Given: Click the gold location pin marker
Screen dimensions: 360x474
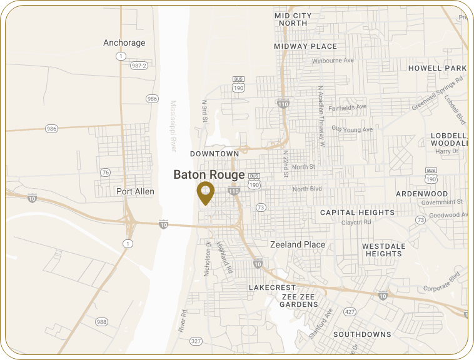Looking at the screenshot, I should (x=205, y=192).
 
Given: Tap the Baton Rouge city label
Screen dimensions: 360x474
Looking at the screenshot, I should (x=209, y=174).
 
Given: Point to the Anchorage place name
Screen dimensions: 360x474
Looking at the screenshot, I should (x=124, y=43).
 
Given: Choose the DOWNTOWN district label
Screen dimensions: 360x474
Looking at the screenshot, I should (x=214, y=154).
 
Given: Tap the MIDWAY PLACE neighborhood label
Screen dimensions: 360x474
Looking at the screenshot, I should (x=305, y=46).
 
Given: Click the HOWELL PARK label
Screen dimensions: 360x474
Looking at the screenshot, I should (x=438, y=68).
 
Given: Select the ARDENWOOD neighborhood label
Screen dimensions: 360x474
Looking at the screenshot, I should (x=422, y=194).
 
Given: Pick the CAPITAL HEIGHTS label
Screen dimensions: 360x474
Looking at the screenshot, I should (x=357, y=212).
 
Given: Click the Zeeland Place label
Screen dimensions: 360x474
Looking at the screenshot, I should (x=297, y=245).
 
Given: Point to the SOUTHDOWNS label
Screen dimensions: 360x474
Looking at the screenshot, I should (x=362, y=334).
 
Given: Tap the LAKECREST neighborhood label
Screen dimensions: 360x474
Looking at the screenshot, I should (x=271, y=287).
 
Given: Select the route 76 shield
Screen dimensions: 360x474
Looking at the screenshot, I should (x=105, y=172).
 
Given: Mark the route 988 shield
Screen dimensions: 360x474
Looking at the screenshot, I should (x=101, y=321).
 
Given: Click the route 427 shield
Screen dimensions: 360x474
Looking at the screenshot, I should (x=351, y=311).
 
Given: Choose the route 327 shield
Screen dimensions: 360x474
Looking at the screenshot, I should (x=196, y=341).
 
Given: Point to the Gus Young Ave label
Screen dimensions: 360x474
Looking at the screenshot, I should (x=352, y=130).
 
